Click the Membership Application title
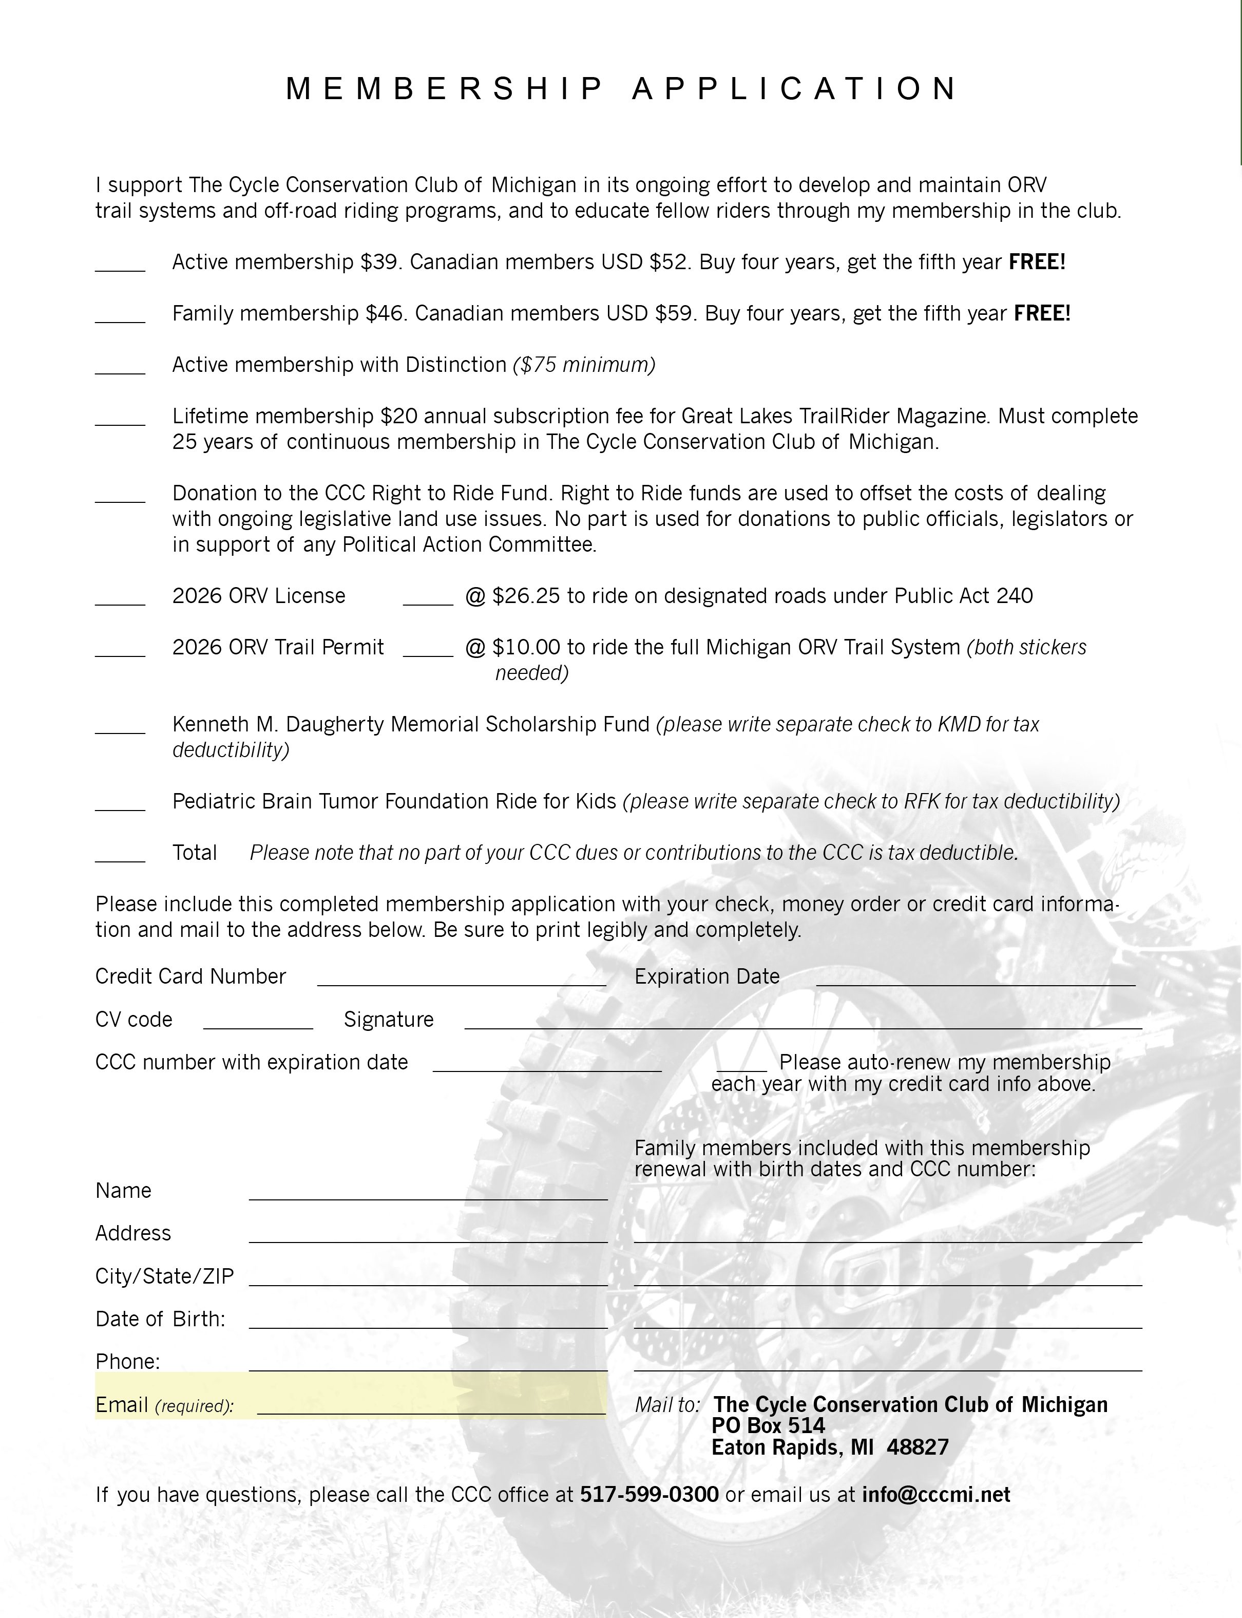pyautogui.click(x=621, y=89)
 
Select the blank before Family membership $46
pyautogui.click(x=120, y=318)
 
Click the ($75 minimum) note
pyautogui.click(x=584, y=365)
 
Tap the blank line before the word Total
pyautogui.click(x=120, y=858)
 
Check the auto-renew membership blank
pyautogui.click(x=741, y=1066)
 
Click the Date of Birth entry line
pyautogui.click(x=428, y=1323)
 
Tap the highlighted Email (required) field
pyautogui.click(x=430, y=1407)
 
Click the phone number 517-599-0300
pyautogui.click(x=649, y=1495)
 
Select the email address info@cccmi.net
pyautogui.click(x=936, y=1495)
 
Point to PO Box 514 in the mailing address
pyautogui.click(x=768, y=1426)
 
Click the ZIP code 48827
pyautogui.click(x=918, y=1447)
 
